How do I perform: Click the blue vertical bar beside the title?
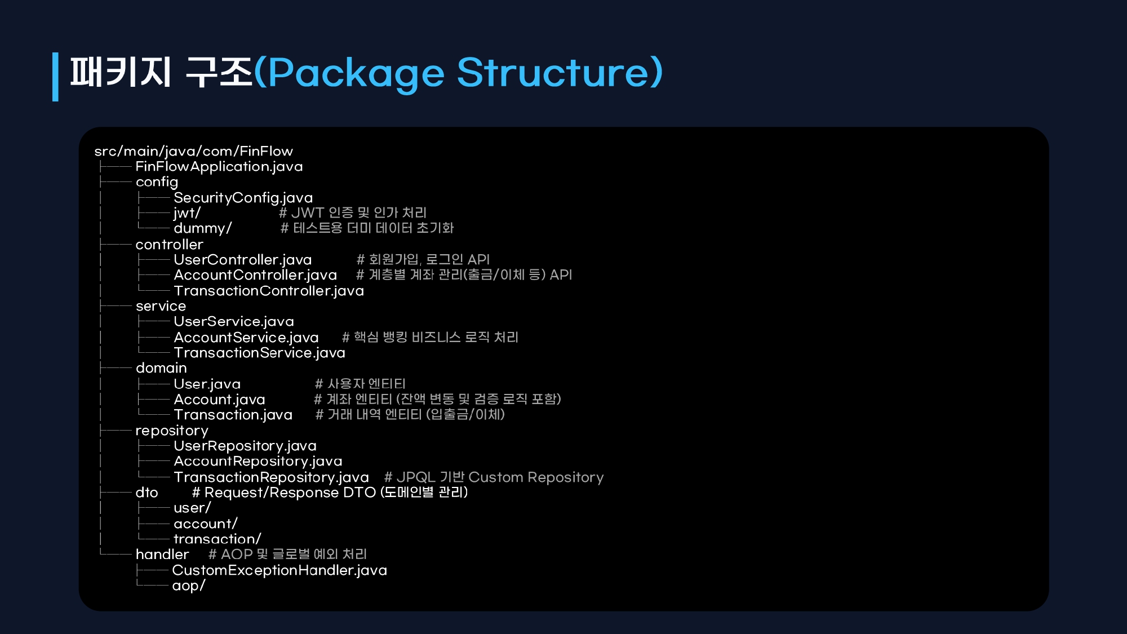coord(55,77)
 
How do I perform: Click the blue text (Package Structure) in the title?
coord(458,72)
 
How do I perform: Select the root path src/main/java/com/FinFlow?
coord(194,151)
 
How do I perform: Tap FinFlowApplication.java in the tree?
coord(219,166)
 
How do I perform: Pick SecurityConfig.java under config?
coord(243,198)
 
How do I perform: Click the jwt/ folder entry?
coord(187,213)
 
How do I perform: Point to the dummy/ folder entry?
coord(203,228)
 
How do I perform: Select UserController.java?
coord(243,259)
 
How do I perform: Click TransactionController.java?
coord(269,291)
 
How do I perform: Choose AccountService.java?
coord(246,337)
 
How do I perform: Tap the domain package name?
coord(161,368)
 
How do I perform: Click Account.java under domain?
coord(220,399)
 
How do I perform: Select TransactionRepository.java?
coord(272,477)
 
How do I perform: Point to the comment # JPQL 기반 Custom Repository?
coord(494,477)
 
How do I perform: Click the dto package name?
coord(147,492)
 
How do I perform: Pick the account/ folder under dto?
coord(206,524)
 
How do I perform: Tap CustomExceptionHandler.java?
coord(279,570)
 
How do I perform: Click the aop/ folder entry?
coord(189,586)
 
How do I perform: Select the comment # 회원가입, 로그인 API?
coord(423,259)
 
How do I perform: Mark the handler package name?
coord(162,555)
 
